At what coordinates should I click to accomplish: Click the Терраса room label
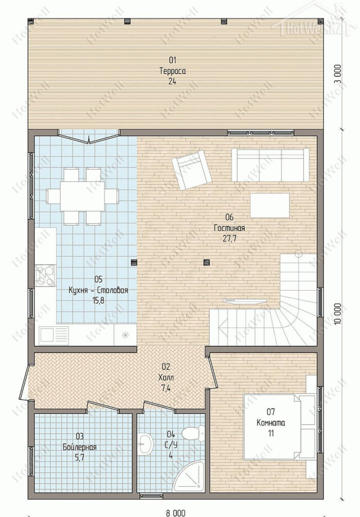pyautogui.click(x=172, y=71)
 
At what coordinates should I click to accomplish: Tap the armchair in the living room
pyautogui.click(x=191, y=169)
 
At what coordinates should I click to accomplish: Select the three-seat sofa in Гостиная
pyautogui.click(x=271, y=165)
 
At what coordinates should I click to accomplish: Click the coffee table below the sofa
pyautogui.click(x=269, y=205)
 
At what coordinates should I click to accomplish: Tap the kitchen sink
pyautogui.click(x=53, y=335)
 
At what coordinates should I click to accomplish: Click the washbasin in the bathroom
pyautogui.click(x=145, y=443)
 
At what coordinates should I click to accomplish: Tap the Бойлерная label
pyautogui.click(x=79, y=447)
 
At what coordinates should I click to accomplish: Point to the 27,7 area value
pyautogui.click(x=229, y=239)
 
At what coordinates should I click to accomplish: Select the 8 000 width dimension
pyautogui.click(x=176, y=513)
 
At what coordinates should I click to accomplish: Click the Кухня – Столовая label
pyautogui.click(x=98, y=291)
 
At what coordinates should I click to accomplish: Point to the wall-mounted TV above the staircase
pyautogui.click(x=245, y=301)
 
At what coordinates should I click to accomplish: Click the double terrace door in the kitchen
pyautogui.click(x=89, y=138)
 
